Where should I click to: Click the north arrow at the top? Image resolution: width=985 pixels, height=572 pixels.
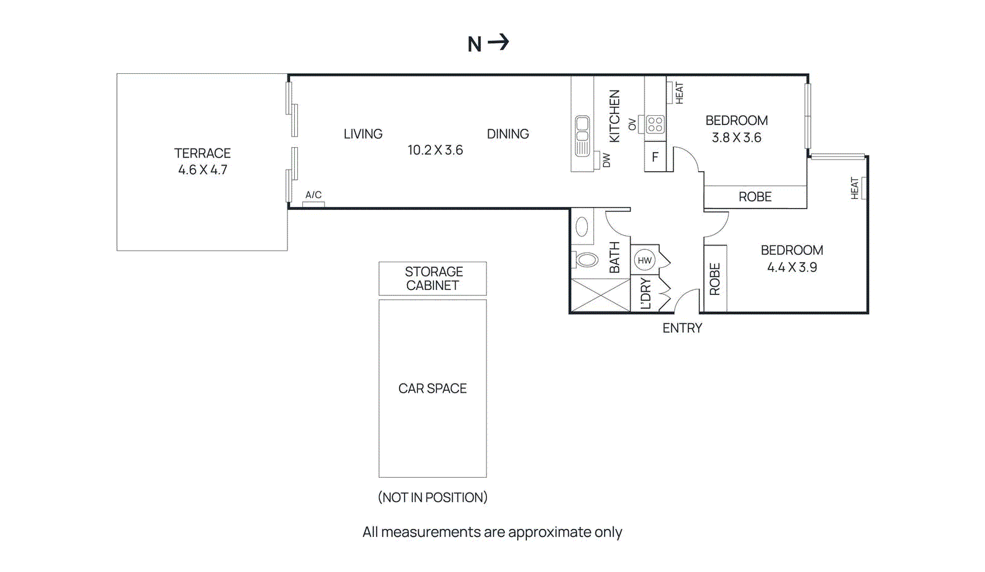tap(498, 42)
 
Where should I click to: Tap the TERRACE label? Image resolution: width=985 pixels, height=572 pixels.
tap(202, 153)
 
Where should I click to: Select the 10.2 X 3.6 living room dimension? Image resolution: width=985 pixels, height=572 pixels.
tap(435, 150)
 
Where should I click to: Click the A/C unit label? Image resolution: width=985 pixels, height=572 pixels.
tap(313, 195)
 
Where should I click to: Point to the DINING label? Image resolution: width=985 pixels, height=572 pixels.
tap(507, 134)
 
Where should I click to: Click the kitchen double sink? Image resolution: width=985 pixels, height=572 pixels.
tap(582, 135)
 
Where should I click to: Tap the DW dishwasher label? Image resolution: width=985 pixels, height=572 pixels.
tap(606, 160)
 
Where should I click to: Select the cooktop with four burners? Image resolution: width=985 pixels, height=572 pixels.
tap(655, 124)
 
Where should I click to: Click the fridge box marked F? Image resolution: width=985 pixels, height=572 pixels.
tap(655, 156)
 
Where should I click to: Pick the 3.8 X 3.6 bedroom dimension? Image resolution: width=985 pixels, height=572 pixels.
tap(736, 137)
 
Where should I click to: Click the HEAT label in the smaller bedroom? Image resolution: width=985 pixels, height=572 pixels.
tap(679, 93)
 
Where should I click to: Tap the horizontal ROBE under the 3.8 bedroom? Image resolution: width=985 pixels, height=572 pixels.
tap(755, 196)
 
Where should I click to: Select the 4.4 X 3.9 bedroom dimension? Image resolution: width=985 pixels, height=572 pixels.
tap(792, 267)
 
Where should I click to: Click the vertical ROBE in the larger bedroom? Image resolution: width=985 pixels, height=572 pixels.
tap(715, 278)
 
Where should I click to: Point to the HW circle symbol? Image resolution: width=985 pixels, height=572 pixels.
tap(644, 260)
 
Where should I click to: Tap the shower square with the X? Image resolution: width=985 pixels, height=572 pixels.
tap(600, 295)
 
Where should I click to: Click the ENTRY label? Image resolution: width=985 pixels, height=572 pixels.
tap(682, 328)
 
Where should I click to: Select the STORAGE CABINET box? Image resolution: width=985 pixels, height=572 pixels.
tap(432, 278)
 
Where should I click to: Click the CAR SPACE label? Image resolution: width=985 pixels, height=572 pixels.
tap(432, 388)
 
